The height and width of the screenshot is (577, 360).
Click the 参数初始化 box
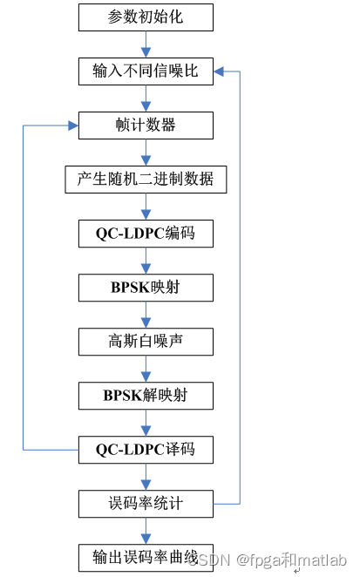point(146,17)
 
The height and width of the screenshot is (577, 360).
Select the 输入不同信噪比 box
point(146,71)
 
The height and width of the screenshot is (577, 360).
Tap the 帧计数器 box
point(146,125)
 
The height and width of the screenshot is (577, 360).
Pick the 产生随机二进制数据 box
point(146,180)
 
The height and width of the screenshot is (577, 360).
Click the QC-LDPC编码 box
point(146,234)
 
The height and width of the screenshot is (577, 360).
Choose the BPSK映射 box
point(146,287)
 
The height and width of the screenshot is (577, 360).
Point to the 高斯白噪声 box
point(146,341)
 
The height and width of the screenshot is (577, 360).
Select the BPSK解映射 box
point(146,395)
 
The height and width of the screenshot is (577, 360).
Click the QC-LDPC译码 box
point(146,450)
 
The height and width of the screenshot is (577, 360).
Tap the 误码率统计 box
point(146,503)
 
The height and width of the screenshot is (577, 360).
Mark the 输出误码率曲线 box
point(146,557)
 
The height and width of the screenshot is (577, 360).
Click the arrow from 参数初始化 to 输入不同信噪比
point(146,44)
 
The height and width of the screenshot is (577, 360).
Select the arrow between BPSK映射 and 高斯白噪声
point(146,314)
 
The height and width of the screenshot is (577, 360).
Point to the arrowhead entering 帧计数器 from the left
point(72,125)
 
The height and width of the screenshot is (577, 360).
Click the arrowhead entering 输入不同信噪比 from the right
point(220,71)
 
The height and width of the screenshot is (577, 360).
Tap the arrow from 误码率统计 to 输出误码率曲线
point(146,530)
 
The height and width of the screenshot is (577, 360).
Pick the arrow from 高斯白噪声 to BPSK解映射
point(146,368)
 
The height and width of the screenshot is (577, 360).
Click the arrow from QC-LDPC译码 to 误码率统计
point(146,476)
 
